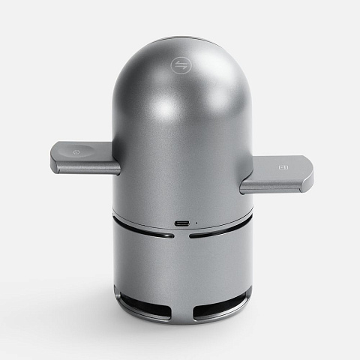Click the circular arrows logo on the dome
(180, 65)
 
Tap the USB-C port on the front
(181, 223)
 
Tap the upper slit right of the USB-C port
(219, 232)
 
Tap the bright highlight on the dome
(161, 112)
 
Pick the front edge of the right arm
(274, 185)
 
